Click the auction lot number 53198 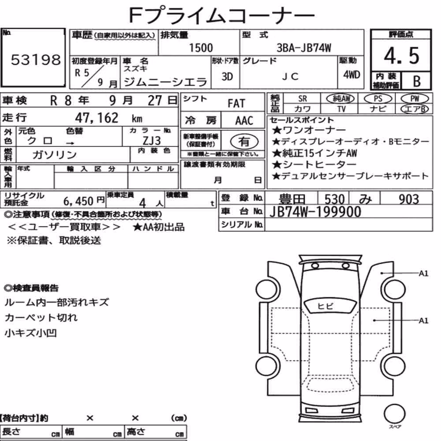(36, 60)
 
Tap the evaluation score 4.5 (401, 56)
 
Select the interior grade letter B (417, 81)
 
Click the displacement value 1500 (201, 48)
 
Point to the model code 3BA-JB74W (304, 48)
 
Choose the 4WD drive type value (351, 75)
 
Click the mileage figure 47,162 (97, 118)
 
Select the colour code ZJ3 (152, 141)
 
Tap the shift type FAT (236, 104)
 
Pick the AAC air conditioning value (244, 121)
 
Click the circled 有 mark (244, 142)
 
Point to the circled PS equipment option (378, 99)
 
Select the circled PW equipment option (415, 99)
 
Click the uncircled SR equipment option (303, 99)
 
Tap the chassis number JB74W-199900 (315, 212)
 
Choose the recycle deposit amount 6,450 (78, 201)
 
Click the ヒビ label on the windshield (325, 306)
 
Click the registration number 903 (409, 199)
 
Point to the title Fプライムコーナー (222, 15)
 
